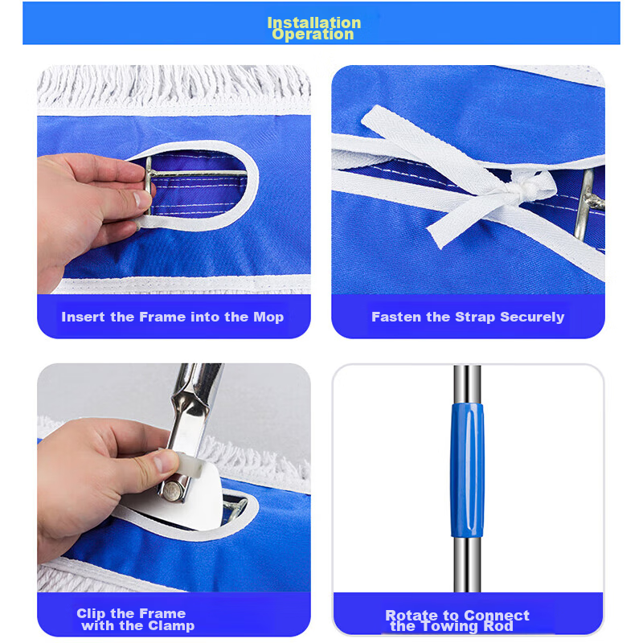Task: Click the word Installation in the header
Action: point(314,23)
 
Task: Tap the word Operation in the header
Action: point(313,35)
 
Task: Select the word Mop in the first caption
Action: point(268,317)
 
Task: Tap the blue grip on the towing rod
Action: point(467,470)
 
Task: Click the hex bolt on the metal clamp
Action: point(174,490)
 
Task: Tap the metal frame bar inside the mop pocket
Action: point(197,174)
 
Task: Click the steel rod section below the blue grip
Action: point(467,565)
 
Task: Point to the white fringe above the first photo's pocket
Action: point(174,87)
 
